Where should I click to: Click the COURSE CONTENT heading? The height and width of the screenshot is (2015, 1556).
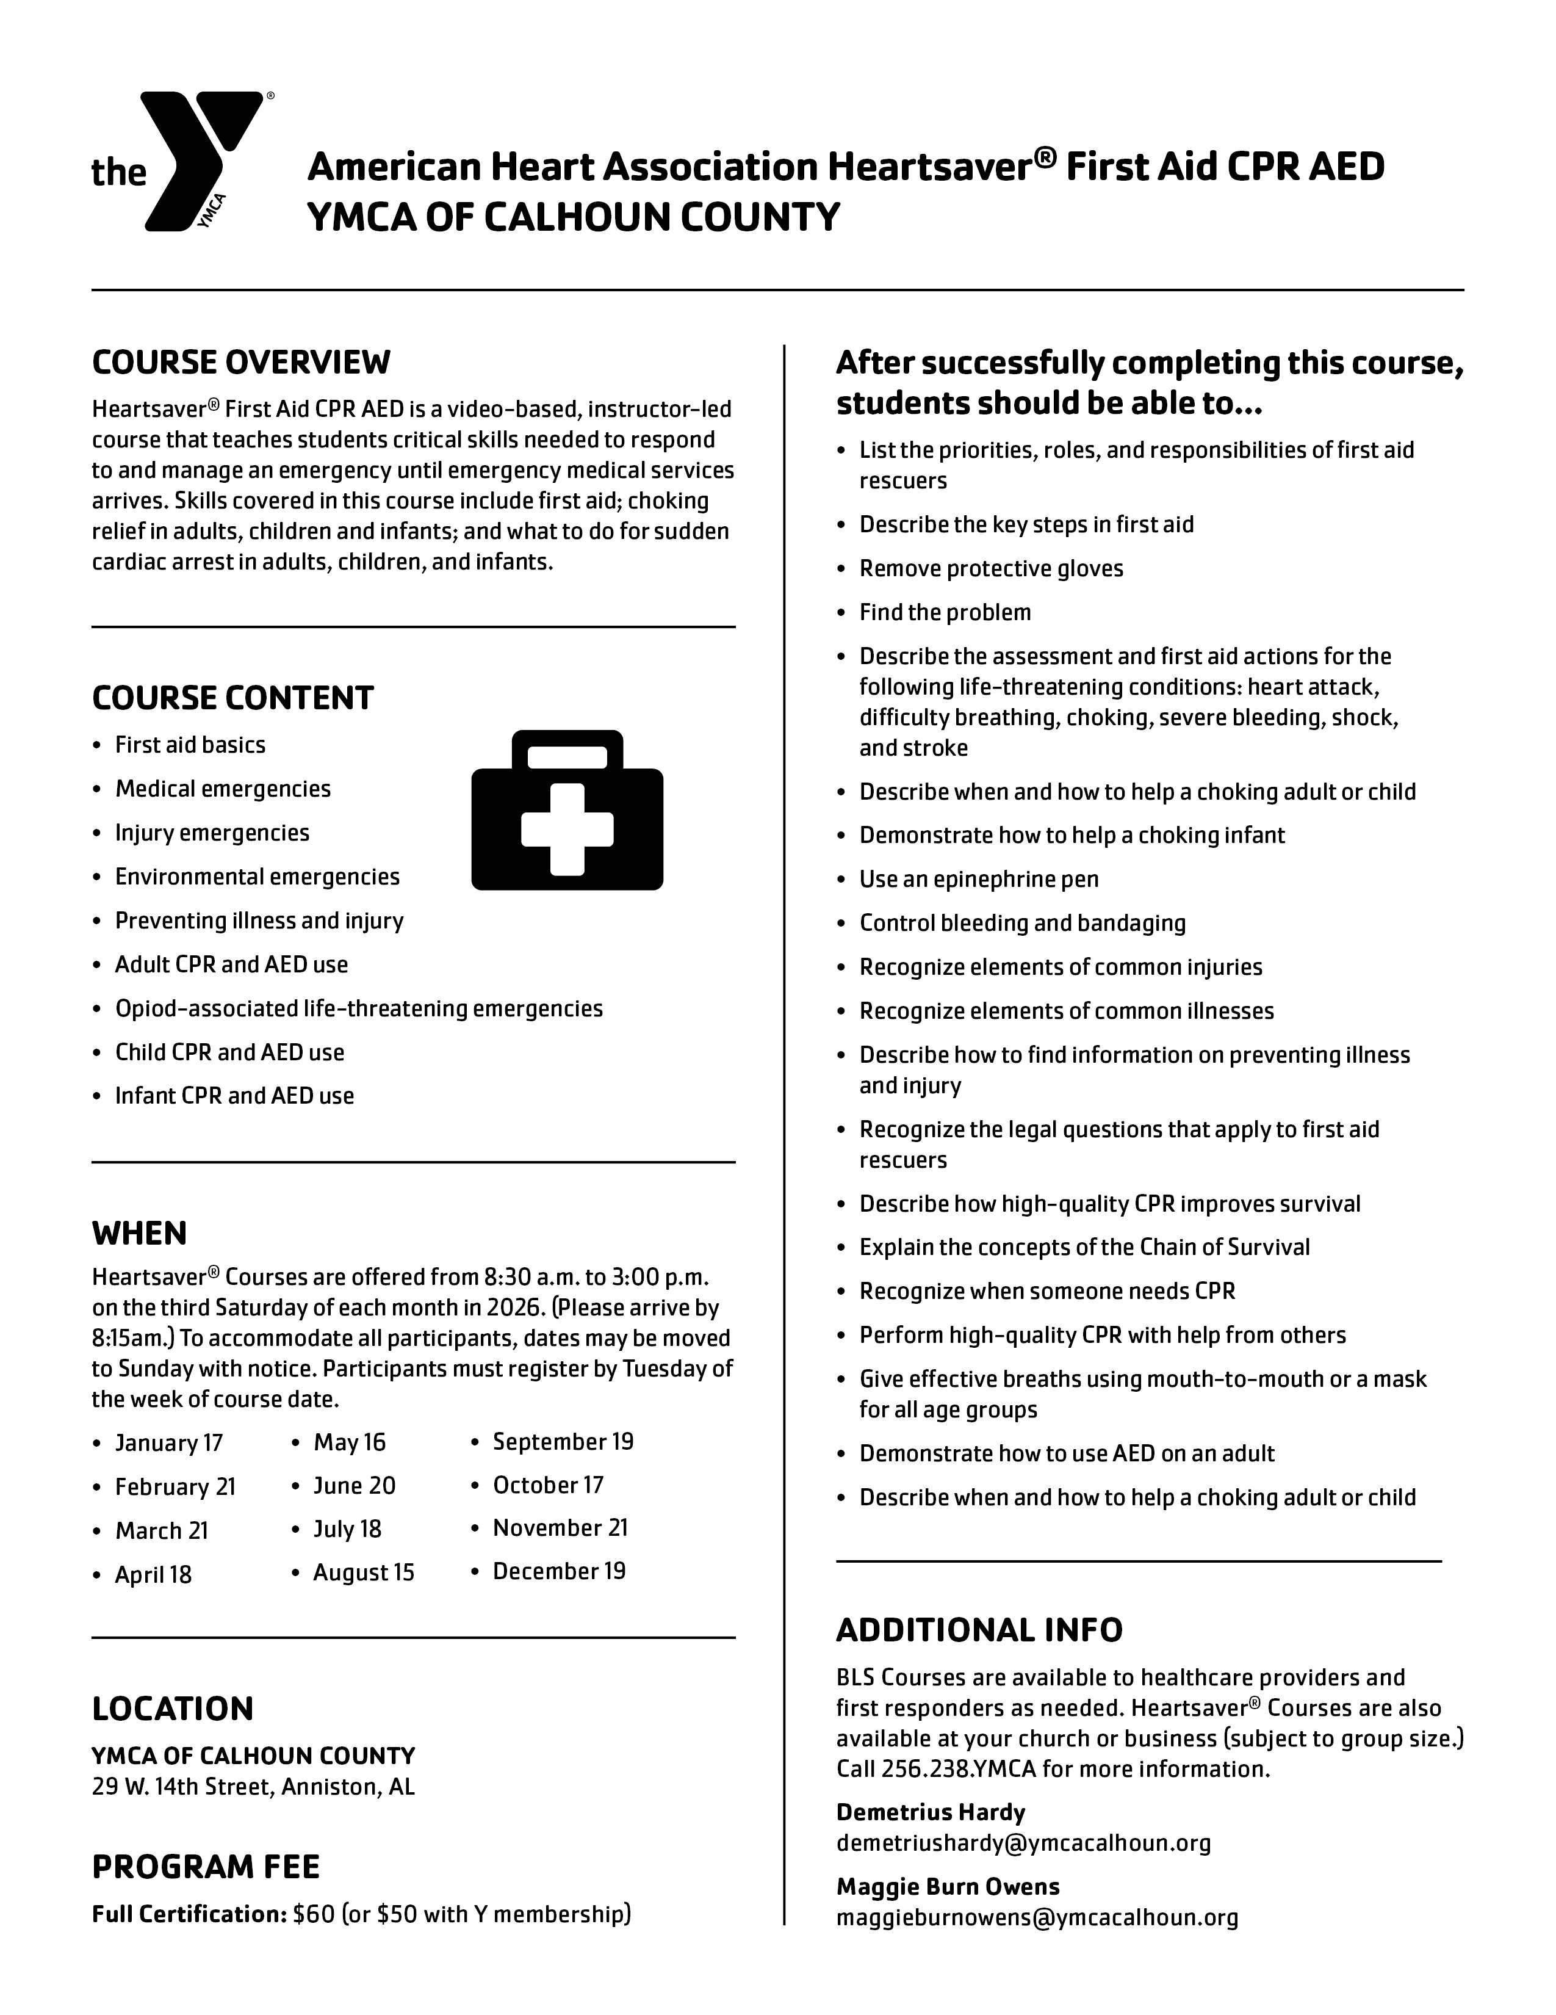[x=232, y=698]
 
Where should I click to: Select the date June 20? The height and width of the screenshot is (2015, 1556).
[x=354, y=1485]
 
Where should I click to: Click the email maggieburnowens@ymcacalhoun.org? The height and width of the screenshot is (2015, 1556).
[x=1037, y=1917]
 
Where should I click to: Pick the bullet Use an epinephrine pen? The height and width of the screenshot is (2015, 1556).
[x=979, y=879]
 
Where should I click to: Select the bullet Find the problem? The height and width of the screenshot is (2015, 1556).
[x=945, y=613]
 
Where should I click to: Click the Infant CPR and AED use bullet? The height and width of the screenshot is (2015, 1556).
[x=234, y=1096]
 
